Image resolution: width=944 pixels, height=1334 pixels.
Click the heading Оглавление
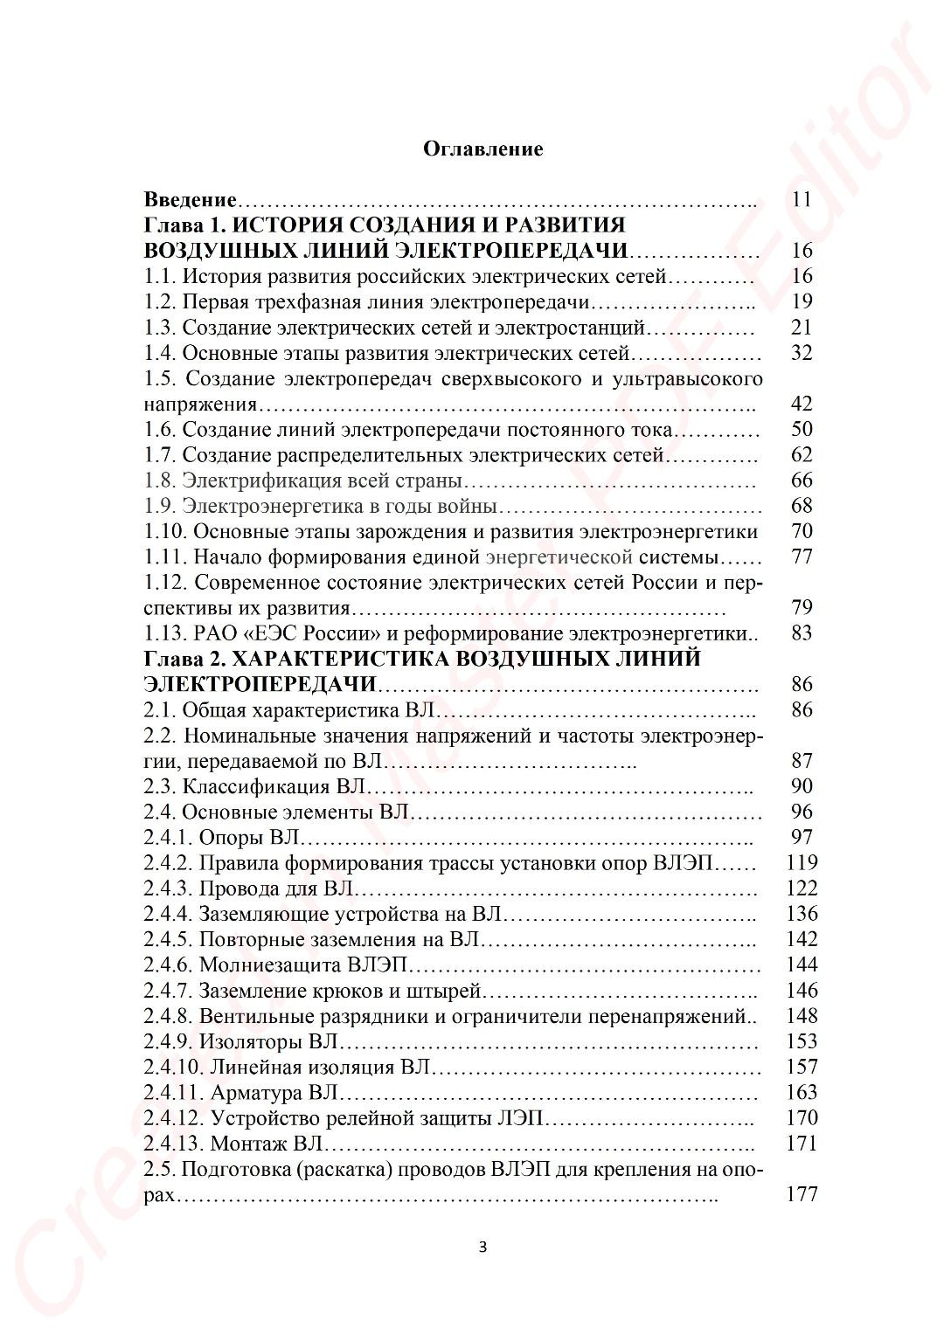pyautogui.click(x=482, y=149)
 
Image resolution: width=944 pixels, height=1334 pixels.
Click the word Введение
pyautogui.click(x=190, y=200)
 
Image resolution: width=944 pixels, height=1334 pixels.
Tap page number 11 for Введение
pyautogui.click(x=802, y=199)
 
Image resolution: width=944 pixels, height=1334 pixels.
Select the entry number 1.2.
pyautogui.click(x=160, y=302)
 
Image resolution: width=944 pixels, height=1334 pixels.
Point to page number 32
pyautogui.click(x=802, y=353)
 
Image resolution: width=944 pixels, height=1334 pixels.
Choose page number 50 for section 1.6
pyautogui.click(x=802, y=429)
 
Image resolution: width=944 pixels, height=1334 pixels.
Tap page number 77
pyautogui.click(x=802, y=556)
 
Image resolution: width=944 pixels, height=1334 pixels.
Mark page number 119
pyautogui.click(x=802, y=862)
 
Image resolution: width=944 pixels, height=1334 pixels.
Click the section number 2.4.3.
pyautogui.click(x=168, y=888)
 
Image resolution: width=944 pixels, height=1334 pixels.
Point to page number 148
pyautogui.click(x=802, y=1016)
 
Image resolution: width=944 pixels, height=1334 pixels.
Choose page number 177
pyautogui.click(x=802, y=1194)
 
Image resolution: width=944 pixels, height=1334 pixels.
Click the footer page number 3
pyautogui.click(x=482, y=1247)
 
